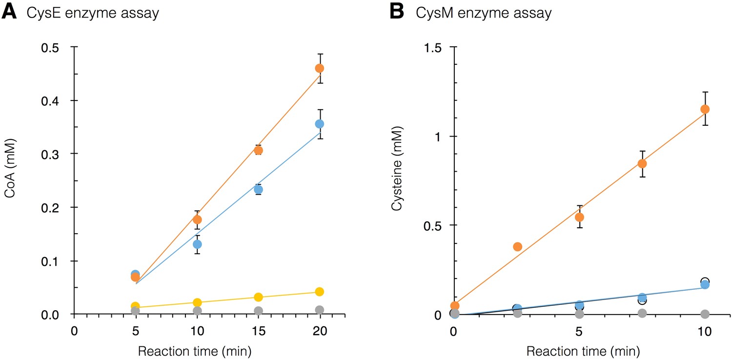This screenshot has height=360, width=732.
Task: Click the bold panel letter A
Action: (10, 12)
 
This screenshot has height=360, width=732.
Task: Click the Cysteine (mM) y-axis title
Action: (398, 181)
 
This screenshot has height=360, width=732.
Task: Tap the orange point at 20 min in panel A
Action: (320, 68)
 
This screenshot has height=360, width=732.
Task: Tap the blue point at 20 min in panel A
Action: (320, 124)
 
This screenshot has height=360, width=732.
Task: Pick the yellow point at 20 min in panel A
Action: (320, 292)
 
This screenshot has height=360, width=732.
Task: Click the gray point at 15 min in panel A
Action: (259, 311)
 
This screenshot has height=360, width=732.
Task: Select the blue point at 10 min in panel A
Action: (197, 244)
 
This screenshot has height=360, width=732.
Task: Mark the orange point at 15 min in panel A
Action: (259, 150)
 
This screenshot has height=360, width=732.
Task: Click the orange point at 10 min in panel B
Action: (705, 109)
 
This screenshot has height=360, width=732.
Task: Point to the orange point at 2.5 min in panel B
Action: (517, 247)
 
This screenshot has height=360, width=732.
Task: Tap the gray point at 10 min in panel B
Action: (705, 314)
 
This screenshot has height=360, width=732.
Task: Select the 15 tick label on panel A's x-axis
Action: (258, 330)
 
